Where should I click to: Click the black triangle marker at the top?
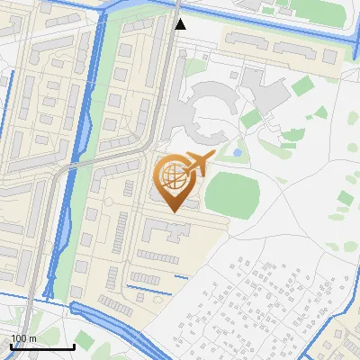[x=181, y=24]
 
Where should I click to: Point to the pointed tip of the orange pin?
[x=173, y=211]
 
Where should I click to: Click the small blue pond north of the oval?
[x=237, y=153]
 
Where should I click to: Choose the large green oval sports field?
[x=232, y=193]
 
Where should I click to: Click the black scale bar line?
[x=41, y=346]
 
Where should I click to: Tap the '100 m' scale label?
[x=24, y=338]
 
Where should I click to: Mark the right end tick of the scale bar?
[x=73, y=345]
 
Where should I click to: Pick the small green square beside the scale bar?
[x=84, y=341]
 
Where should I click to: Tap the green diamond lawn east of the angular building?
[x=302, y=85]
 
